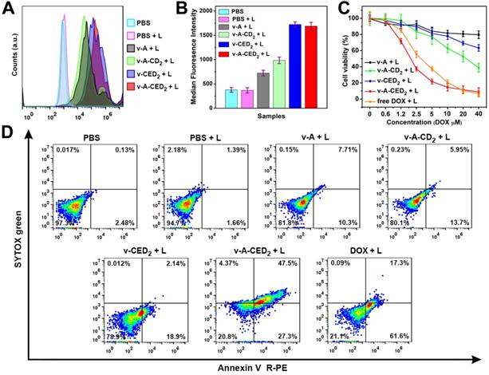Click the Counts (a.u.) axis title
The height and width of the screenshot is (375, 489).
[x=7, y=60]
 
